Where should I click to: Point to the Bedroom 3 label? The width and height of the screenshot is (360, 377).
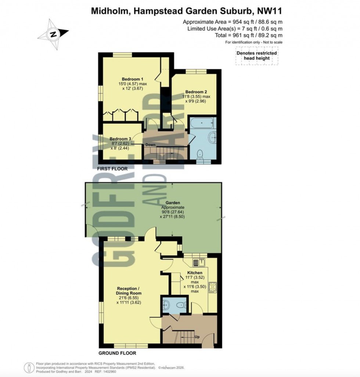click(x=121, y=139)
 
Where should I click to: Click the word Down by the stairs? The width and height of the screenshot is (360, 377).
click(x=150, y=145)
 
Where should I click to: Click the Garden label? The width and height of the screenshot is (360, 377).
click(x=172, y=202)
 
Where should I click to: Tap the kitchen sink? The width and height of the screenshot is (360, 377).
click(x=201, y=262)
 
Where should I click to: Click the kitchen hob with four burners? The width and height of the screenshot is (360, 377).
click(x=213, y=287)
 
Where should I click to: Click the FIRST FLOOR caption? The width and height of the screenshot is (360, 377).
click(x=112, y=169)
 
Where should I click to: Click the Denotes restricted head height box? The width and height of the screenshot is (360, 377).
click(x=256, y=56)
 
